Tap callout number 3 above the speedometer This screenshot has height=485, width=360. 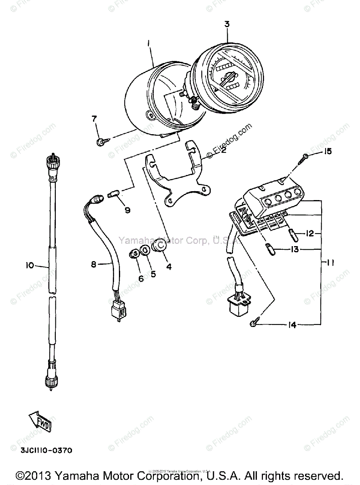click(227, 24)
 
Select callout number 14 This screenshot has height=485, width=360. click(292, 325)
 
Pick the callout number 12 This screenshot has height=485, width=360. click(310, 233)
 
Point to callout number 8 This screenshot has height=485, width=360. click(94, 265)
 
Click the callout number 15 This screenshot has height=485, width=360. click(327, 152)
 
